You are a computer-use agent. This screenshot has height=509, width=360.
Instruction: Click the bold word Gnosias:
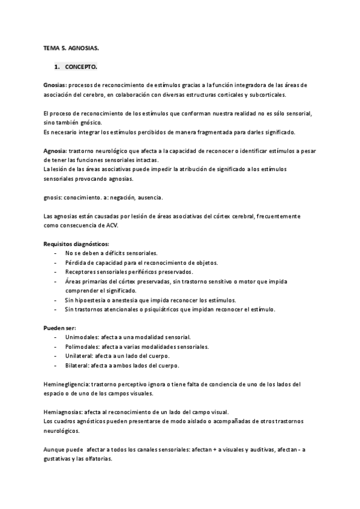coord(56,85)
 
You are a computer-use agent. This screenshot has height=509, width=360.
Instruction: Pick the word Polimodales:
coord(83,347)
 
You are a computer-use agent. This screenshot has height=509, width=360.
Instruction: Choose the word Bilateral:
coord(79,366)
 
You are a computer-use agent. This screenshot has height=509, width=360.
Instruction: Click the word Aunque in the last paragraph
coord(55,450)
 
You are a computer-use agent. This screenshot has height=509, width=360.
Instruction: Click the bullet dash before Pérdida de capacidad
coord(55,263)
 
